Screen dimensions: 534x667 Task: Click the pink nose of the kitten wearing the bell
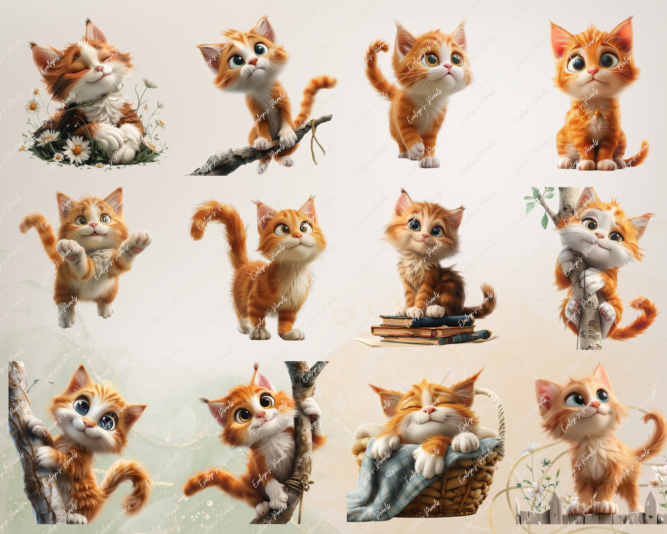pyautogui.click(x=592, y=72)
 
